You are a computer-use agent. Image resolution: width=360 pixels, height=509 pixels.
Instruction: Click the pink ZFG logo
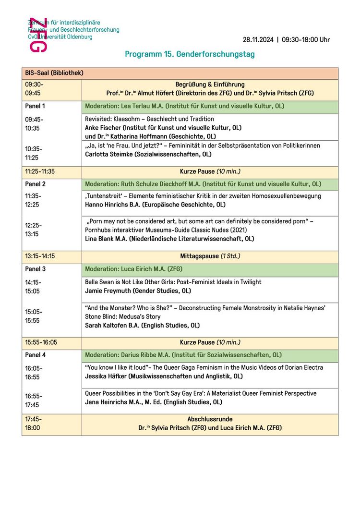click(x=38, y=35)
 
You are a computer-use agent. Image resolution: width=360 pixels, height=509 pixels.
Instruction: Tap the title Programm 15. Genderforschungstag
click(x=190, y=54)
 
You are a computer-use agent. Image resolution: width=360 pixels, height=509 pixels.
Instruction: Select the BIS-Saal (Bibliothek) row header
click(x=54, y=73)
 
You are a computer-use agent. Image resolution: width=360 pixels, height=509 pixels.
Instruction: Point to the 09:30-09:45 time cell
click(x=33, y=89)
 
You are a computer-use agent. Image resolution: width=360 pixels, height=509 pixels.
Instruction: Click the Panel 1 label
click(x=35, y=106)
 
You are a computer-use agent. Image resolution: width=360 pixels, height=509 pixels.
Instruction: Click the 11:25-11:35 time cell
click(x=40, y=171)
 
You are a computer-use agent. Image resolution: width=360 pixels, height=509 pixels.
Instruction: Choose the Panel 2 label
click(x=35, y=184)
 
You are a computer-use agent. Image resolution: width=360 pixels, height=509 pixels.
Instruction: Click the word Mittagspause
click(x=199, y=256)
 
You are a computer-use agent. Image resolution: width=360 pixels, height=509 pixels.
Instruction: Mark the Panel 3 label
click(x=35, y=269)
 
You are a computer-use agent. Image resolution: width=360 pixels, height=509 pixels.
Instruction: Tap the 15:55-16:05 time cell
click(x=41, y=342)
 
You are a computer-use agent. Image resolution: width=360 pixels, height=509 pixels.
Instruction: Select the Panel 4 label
click(x=35, y=355)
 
